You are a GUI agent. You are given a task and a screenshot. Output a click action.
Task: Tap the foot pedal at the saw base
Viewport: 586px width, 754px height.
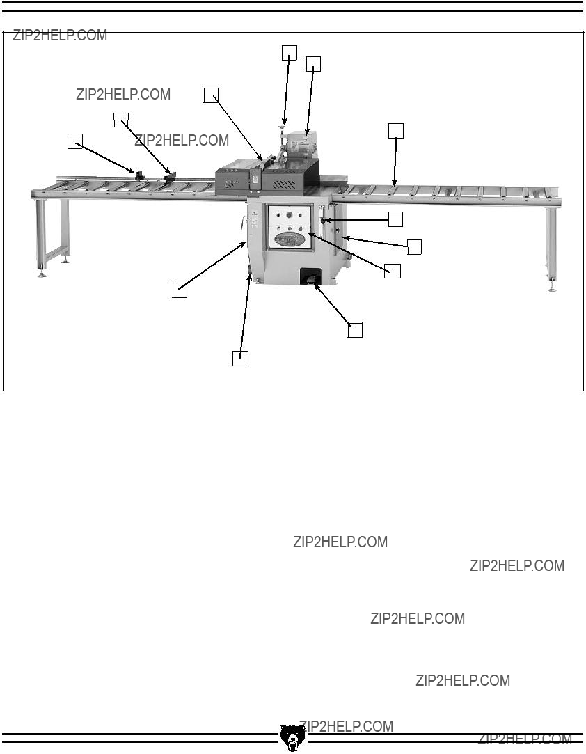[x=310, y=278]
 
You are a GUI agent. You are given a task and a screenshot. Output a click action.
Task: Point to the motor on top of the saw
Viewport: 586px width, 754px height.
[x=301, y=145]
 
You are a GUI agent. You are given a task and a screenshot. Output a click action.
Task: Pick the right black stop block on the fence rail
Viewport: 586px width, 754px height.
[x=171, y=177]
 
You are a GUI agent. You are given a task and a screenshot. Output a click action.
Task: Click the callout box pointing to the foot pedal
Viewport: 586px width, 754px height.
[x=355, y=331]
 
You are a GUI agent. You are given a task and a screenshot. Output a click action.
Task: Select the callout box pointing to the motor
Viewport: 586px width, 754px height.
[x=313, y=64]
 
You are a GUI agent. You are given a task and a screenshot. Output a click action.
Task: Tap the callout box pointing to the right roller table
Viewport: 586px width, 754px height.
[x=395, y=131]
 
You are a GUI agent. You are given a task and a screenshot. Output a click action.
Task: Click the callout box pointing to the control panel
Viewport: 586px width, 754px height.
[x=393, y=271]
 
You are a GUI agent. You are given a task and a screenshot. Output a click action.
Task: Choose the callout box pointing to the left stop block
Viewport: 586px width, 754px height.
[x=75, y=141]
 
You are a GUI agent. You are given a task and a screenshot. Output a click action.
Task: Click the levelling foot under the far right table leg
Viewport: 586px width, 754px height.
[x=552, y=288]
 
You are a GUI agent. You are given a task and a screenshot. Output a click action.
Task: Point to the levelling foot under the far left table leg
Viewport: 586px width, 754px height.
[x=42, y=274]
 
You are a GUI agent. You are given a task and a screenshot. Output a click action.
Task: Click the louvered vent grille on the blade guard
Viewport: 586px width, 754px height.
[x=284, y=184]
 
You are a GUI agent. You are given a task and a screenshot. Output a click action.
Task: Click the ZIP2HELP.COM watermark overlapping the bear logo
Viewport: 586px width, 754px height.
[x=346, y=726]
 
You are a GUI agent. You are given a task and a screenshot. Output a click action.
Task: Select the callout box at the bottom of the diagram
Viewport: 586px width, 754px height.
[x=240, y=359]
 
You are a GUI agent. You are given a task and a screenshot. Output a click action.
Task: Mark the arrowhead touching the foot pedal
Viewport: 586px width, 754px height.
[x=316, y=287]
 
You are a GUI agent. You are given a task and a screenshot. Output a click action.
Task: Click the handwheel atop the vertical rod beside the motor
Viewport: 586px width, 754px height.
[x=282, y=127]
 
